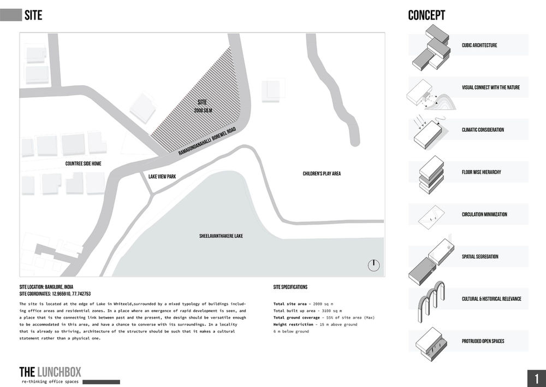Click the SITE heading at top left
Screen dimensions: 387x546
[33, 16]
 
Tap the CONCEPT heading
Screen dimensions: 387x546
[426, 16]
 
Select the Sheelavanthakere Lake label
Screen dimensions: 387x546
[221, 236]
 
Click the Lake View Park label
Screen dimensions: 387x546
[162, 177]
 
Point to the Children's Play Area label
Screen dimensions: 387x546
[322, 174]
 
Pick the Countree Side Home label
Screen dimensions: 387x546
[84, 163]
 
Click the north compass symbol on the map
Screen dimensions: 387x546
[373, 265]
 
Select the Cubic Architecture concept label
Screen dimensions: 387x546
[479, 45]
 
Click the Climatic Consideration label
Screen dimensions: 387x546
[482, 130]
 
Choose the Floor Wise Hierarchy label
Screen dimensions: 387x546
[481, 172]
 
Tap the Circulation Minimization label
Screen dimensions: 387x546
[484, 214]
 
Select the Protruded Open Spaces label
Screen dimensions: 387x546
[483, 341]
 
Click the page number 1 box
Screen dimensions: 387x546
[536, 378]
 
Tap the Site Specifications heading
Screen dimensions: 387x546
[290, 287]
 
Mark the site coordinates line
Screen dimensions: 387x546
[55, 294]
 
